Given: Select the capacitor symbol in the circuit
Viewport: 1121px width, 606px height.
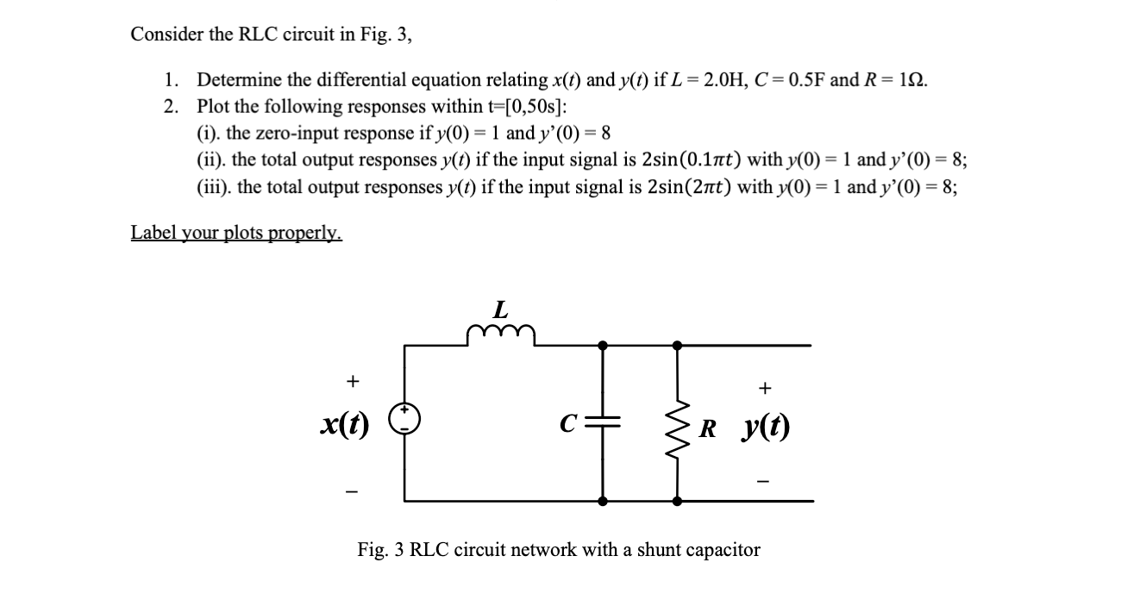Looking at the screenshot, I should (603, 423).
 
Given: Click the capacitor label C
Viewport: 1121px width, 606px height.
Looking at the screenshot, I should (567, 424).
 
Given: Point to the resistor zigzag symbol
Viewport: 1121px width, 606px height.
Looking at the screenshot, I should (677, 424).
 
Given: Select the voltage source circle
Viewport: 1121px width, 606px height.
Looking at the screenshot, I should (407, 422).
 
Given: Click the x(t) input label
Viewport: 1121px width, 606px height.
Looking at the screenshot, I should (342, 422).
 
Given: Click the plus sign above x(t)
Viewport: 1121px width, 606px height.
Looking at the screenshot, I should (351, 380).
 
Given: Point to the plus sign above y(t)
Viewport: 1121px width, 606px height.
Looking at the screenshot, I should (763, 389).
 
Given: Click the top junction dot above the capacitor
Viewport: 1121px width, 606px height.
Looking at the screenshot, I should (603, 345).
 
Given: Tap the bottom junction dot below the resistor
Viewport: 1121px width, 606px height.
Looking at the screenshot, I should (677, 501).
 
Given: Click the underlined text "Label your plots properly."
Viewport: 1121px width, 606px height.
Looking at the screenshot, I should (236, 233).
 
